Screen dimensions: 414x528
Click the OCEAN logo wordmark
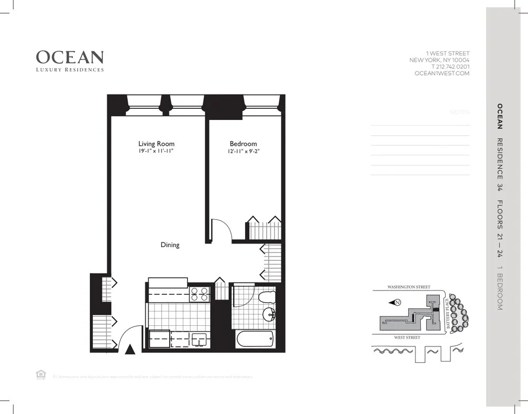tap(70, 57)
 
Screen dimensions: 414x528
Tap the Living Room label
tap(156, 144)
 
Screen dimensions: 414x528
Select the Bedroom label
tap(243, 144)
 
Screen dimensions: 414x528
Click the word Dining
tap(170, 245)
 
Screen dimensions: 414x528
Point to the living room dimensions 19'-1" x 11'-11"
tap(156, 152)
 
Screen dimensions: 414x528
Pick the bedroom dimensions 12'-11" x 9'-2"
tap(243, 152)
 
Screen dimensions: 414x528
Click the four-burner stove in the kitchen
tap(200, 293)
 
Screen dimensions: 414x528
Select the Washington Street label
tap(409, 287)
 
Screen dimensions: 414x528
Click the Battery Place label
tap(448, 313)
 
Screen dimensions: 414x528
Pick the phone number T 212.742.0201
tap(450, 67)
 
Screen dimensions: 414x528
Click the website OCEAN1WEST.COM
tap(442, 74)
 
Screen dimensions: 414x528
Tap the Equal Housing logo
tap(40, 374)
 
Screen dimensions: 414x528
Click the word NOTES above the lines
tap(459, 112)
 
